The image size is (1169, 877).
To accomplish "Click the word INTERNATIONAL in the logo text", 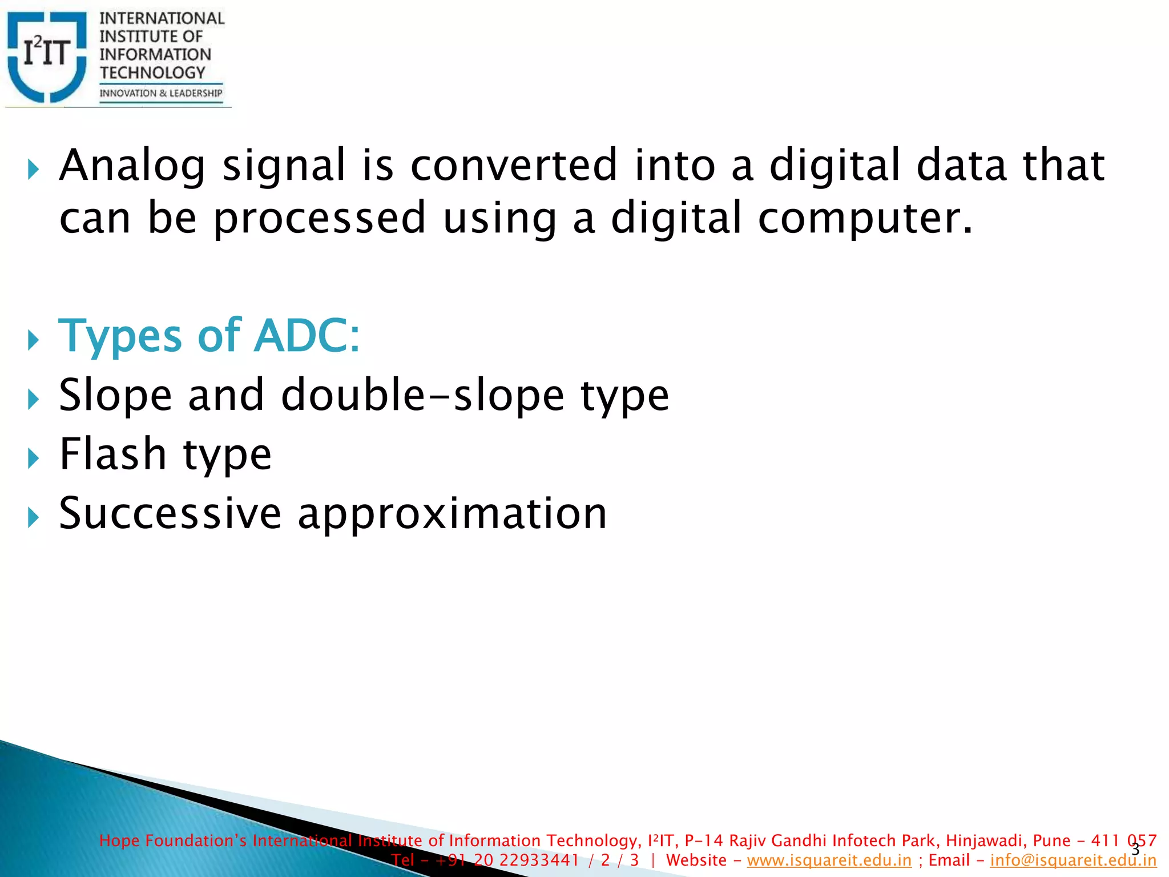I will pos(162,18).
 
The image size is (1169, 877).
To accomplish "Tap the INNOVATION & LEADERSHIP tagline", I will pos(160,93).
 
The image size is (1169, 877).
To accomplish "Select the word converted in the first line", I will pos(514,166).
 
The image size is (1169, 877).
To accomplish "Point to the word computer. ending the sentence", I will pos(864,219).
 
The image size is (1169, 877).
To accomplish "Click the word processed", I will pos(320,219).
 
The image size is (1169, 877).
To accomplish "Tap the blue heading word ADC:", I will pos(307,336).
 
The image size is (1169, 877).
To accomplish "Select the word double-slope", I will pos(422,395).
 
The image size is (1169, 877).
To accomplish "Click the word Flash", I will pos(112,454).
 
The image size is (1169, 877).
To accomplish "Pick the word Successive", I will pos(170,513).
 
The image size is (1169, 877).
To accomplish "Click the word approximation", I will pos(452,514).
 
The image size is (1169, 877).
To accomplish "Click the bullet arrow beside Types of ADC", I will pos(33,341).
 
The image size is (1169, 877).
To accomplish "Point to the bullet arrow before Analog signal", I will pos(33,170).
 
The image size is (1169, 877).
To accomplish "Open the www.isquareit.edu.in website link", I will pos(829,860).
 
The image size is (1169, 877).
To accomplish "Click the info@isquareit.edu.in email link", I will pos(1073,860).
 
